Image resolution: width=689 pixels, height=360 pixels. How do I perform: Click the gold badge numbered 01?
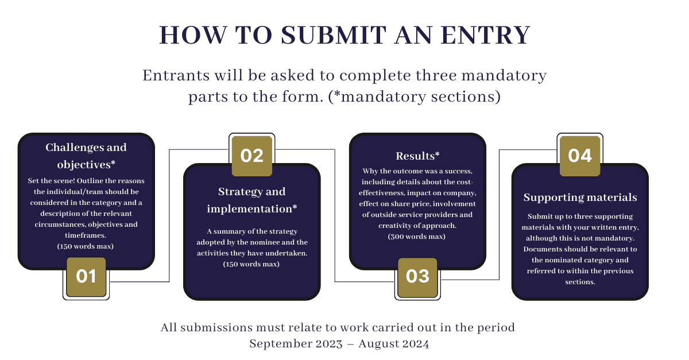tap(86, 277)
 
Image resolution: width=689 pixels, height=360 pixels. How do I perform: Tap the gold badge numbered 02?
tap(252, 156)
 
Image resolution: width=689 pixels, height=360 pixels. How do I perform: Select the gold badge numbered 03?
tap(417, 277)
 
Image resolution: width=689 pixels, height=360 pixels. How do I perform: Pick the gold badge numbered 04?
tap(580, 156)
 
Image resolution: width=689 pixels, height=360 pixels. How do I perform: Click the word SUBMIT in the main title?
tap(334, 35)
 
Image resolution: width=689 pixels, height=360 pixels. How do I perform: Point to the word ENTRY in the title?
tap(485, 35)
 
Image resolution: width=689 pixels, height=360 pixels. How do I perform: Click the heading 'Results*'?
tap(417, 156)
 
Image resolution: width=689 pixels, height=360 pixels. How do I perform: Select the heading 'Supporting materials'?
tap(580, 198)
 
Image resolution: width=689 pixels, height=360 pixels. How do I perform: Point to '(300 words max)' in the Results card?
tap(416, 237)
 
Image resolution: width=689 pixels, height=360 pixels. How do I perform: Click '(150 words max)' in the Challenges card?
tap(85, 246)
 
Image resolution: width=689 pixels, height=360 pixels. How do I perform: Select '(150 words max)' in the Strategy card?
tap(251, 264)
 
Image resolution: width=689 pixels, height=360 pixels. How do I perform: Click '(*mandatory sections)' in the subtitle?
tap(415, 97)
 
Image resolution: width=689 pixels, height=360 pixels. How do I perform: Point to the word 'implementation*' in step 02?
tap(252, 209)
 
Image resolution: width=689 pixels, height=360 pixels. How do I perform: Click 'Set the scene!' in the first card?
tap(51, 181)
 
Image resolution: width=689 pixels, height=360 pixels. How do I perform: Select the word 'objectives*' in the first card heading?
tap(86, 165)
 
